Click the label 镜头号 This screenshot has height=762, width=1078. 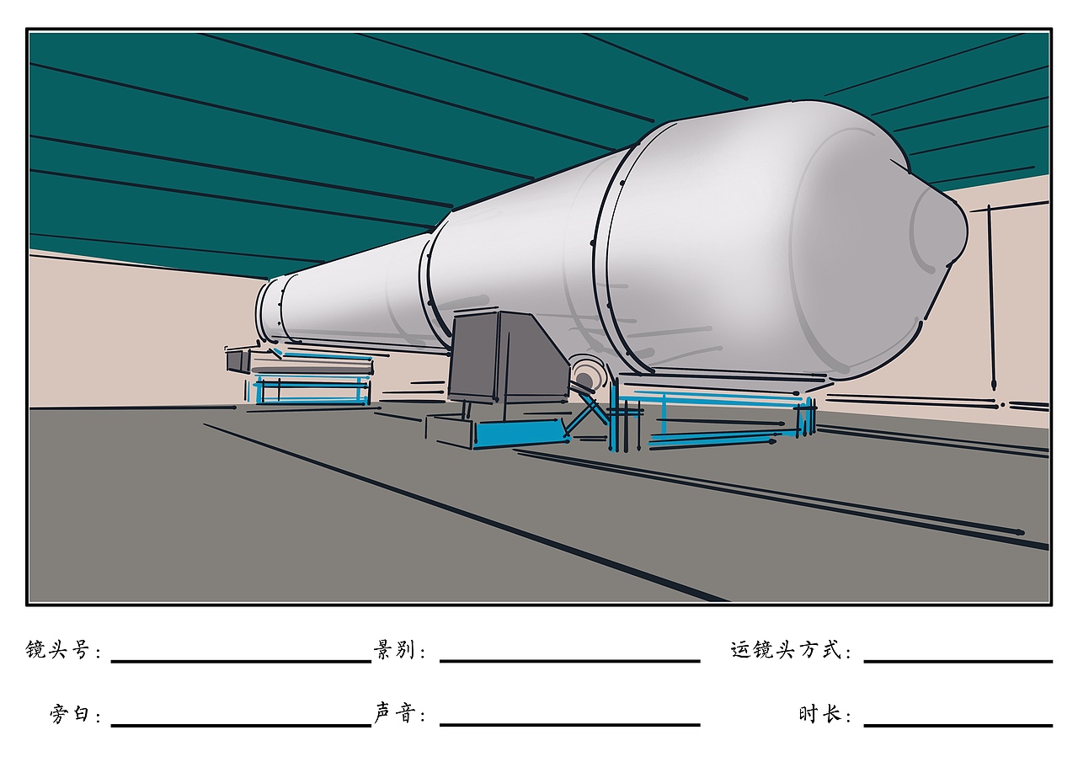[57, 650]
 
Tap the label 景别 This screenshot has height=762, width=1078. [394, 650]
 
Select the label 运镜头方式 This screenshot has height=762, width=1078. [786, 650]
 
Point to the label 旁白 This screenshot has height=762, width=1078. [69, 713]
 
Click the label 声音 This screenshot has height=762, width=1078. [395, 713]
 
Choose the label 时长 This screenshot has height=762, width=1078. [820, 713]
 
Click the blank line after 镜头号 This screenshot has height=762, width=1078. [241, 662]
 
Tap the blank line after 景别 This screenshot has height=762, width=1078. [570, 662]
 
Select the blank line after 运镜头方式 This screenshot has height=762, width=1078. [958, 662]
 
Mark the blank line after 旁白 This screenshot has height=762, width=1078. [241, 725]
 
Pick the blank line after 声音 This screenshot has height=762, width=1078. [570, 724]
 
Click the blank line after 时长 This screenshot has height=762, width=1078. [958, 725]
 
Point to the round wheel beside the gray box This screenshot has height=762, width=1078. [586, 376]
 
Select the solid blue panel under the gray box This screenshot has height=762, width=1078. [519, 434]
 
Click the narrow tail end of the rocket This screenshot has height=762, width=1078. [268, 311]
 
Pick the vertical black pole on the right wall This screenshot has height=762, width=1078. [991, 297]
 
